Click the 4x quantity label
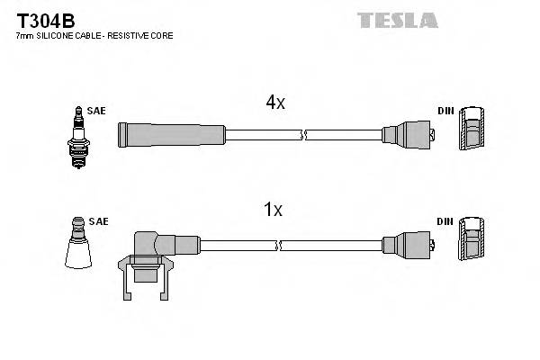pos(274,103)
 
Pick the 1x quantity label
pos(273,210)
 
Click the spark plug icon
pos(78,137)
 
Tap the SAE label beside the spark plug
pos(97,111)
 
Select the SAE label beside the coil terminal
pos(99,220)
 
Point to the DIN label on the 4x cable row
pos(445,111)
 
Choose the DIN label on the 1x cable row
pos(445,220)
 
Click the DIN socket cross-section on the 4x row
pos(472,135)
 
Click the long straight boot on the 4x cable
pos(171,135)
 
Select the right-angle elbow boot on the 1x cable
pos(153,247)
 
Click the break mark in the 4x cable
pos(303,135)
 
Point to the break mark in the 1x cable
pos(280,245)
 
